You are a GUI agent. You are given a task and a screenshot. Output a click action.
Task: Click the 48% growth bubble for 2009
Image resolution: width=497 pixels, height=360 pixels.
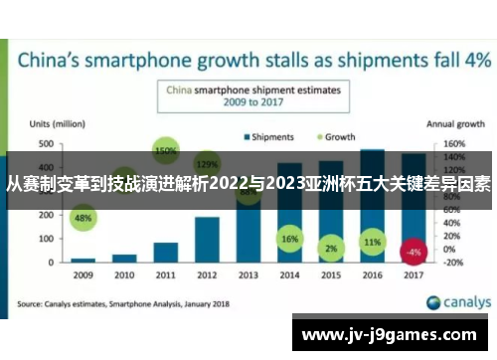point(83,218)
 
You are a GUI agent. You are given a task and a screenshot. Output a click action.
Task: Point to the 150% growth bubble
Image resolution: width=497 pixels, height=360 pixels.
point(166,151)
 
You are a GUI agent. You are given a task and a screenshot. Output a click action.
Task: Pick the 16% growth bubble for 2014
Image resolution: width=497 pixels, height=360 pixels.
point(289,240)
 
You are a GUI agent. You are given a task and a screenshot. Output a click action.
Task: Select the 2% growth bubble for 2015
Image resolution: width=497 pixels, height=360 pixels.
point(331,248)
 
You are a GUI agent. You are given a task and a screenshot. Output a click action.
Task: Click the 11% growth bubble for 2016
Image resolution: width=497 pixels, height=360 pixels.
point(372,242)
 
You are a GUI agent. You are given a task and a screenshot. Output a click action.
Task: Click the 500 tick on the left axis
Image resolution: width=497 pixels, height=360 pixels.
point(46,144)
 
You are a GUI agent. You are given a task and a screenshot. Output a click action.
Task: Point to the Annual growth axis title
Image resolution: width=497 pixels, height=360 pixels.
point(454,124)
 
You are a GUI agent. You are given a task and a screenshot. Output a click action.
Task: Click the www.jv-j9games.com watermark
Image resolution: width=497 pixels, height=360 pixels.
point(393,335)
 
